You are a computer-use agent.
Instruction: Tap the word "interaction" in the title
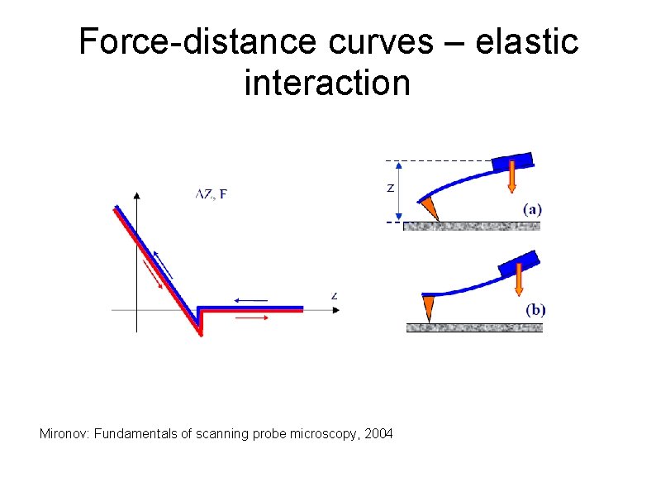pos(327,83)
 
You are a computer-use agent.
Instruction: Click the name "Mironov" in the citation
pos(64,433)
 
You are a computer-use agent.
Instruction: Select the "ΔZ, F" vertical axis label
pos(212,194)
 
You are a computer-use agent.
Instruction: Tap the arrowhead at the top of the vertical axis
pos(136,195)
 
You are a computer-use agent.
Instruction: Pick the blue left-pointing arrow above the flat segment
pos(250,299)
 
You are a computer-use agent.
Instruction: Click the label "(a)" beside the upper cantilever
pos(532,209)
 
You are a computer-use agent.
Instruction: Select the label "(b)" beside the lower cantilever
pos(535,310)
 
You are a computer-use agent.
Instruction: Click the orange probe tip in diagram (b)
pos(427,308)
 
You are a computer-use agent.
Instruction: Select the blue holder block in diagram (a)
pos(512,162)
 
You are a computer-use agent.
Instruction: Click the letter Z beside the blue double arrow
pos(390,189)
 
